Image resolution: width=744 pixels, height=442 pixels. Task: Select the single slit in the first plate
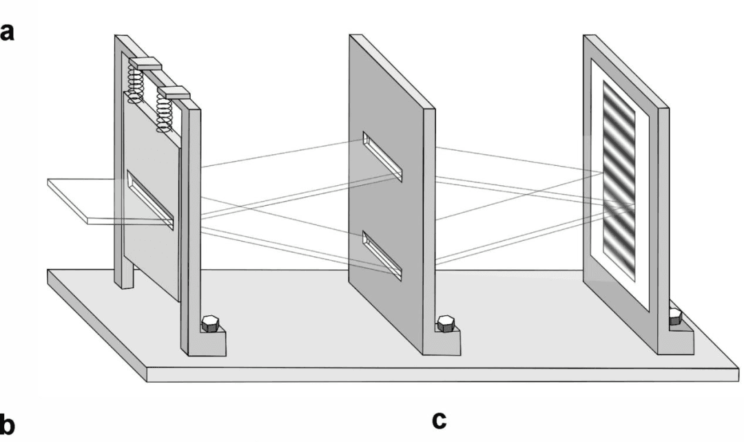(150, 201)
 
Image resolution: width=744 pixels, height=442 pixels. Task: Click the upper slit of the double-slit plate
(383, 158)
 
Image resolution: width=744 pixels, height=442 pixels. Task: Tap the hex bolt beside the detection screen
(675, 317)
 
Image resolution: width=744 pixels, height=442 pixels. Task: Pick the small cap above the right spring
(174, 92)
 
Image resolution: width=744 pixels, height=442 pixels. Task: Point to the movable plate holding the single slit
(148, 255)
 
